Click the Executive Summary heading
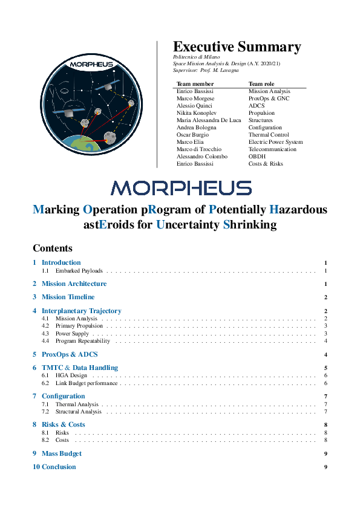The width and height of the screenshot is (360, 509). point(237,47)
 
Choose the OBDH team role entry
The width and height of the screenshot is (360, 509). point(257,157)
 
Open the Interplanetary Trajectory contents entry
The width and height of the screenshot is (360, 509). point(81,311)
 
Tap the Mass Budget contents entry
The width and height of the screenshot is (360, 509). point(61,453)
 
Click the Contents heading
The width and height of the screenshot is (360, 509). point(53,248)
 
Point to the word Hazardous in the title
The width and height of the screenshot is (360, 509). point(298,210)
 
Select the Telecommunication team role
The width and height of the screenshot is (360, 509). point(272,149)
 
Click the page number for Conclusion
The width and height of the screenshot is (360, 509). point(326,467)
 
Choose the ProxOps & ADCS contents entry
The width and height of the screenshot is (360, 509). point(70,354)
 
